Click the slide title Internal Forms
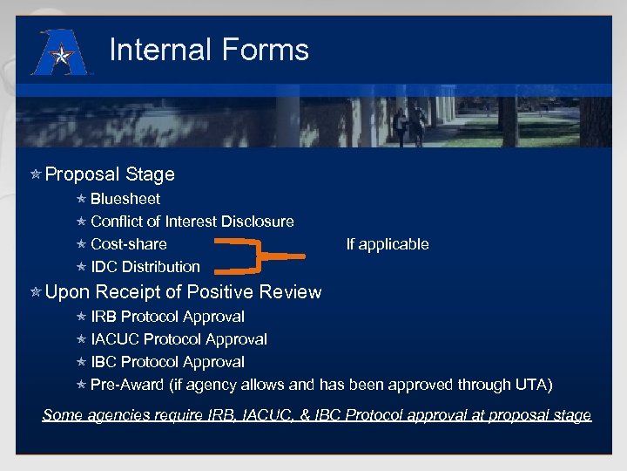[x=209, y=50]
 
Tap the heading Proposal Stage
[x=110, y=174]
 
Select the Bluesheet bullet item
[x=125, y=199]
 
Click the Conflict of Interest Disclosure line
[x=192, y=222]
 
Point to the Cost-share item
[x=129, y=244]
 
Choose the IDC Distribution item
[x=145, y=267]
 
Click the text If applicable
[x=388, y=244]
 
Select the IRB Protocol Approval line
[x=167, y=317]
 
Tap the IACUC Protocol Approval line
[x=179, y=339]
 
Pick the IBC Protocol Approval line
[x=167, y=362]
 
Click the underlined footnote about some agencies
[x=317, y=415]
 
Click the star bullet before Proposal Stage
[x=36, y=175]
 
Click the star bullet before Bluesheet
[x=81, y=200]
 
